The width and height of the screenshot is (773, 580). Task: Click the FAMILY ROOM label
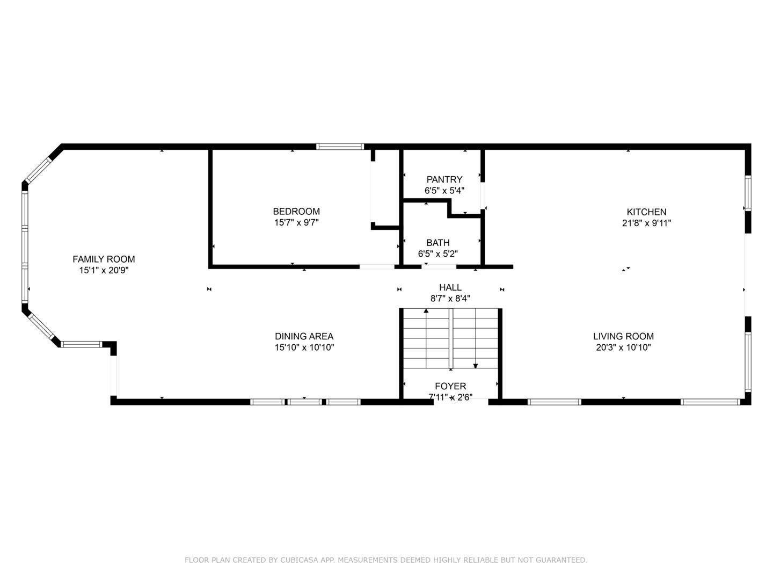pos(104,259)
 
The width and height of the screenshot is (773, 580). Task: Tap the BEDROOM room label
pos(296,212)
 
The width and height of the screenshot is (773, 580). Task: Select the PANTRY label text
pos(444,179)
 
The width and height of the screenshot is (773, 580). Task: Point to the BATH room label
pos(438,243)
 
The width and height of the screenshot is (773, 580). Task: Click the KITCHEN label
pos(647,212)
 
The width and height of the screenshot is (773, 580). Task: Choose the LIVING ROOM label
pos(623,337)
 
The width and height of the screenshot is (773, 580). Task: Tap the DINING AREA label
pos(304,337)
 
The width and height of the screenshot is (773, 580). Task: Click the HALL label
pos(450,288)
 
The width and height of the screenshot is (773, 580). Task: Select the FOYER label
pos(450,386)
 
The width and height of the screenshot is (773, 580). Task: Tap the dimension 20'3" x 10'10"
pos(623,347)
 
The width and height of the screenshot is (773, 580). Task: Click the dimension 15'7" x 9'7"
pos(296,222)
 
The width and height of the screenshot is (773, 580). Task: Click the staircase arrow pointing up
pos(426,311)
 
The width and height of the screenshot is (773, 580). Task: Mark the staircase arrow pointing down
pos(476,366)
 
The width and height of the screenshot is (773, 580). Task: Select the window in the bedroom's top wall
pos(340,146)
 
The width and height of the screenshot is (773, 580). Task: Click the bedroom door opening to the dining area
pos(377,266)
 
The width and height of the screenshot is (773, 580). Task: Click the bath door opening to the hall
pos(439,266)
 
